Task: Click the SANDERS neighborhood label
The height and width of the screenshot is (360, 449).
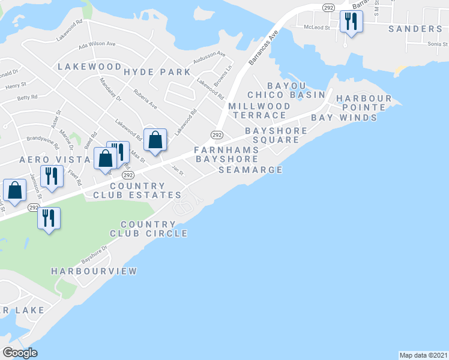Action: tap(415, 29)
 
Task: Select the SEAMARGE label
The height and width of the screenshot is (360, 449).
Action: tap(250, 170)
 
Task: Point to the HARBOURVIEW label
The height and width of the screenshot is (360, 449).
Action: tap(94, 271)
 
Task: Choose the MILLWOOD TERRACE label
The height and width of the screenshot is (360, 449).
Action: tap(259, 110)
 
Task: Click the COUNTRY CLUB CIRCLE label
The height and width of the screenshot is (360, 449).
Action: tap(148, 229)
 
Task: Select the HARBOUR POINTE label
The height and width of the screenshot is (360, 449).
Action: tap(364, 103)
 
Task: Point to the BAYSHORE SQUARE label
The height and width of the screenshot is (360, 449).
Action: tap(276, 135)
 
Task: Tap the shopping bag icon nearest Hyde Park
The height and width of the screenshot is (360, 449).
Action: tap(155, 140)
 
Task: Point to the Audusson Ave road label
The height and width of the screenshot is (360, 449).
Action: tap(208, 58)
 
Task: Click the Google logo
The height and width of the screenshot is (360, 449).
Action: tap(20, 353)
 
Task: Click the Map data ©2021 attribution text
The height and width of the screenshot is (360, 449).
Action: tap(424, 355)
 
